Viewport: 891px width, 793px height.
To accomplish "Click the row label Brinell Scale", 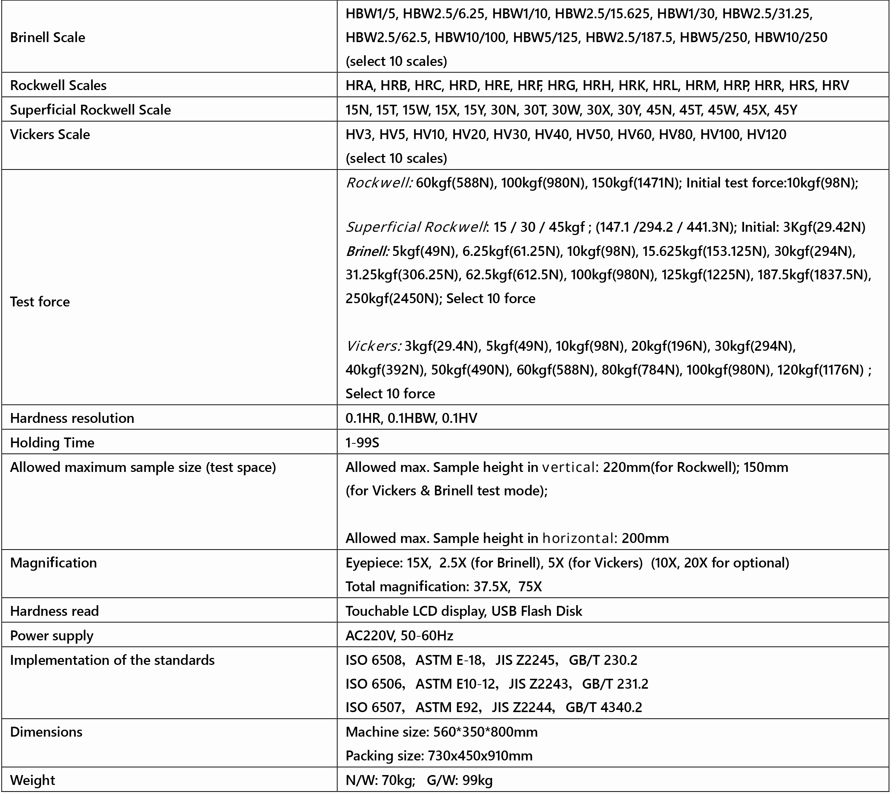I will (48, 37).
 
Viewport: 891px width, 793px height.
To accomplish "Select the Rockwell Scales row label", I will (58, 85).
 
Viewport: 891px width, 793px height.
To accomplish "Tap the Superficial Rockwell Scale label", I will (90, 110).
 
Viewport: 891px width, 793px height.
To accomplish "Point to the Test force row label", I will (40, 302).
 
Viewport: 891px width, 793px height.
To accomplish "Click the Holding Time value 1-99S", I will (362, 443).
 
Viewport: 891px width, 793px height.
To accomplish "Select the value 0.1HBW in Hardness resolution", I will (411, 418).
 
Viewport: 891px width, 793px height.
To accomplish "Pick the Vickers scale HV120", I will (766, 134).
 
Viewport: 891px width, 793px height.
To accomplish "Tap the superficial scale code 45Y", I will (785, 110).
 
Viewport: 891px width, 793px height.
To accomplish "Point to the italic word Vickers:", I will (373, 346).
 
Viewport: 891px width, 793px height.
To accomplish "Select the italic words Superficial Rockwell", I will (416, 227).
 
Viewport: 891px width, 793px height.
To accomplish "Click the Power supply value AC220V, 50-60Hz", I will (399, 636).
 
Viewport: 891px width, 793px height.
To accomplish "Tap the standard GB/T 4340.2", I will (604, 707).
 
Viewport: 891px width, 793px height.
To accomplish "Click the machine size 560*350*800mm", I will (485, 732).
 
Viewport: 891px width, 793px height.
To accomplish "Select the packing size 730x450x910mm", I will (480, 756).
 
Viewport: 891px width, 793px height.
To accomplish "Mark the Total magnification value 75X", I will (530, 587).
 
